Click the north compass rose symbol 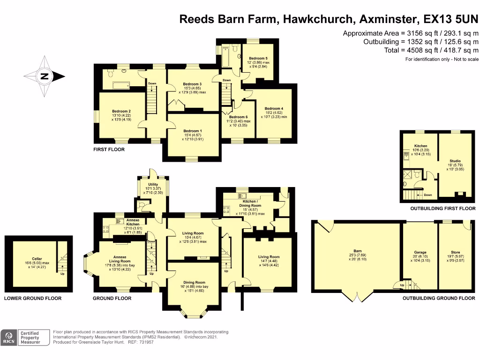pos(44,76)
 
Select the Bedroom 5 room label pos(258,58)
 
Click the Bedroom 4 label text pos(274,108)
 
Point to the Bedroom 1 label pos(193,131)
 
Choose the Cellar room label pos(37,258)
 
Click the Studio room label pos(455,161)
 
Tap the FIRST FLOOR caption pos(109,150)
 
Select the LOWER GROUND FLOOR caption pos(33,298)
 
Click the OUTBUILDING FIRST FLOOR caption pos(443,209)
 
